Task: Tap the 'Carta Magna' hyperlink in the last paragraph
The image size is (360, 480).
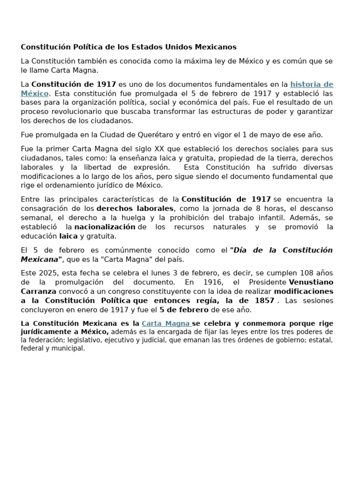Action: (x=165, y=323)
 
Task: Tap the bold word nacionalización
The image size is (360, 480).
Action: (x=105, y=227)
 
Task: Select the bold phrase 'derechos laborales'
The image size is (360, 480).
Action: (x=135, y=209)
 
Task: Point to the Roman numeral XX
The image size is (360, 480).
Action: (x=160, y=149)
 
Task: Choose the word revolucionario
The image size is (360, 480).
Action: (x=78, y=112)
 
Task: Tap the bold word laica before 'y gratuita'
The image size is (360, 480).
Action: (x=68, y=236)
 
